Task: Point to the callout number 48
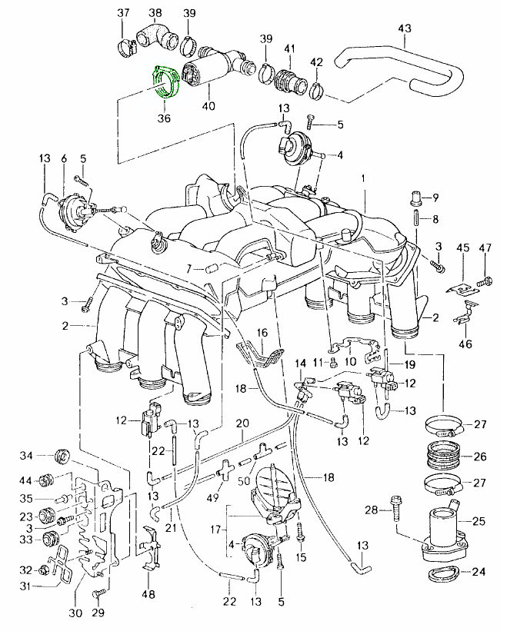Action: tap(149, 594)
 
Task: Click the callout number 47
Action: tap(485, 247)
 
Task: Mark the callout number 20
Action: tap(242, 424)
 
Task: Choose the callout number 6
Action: tap(63, 158)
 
